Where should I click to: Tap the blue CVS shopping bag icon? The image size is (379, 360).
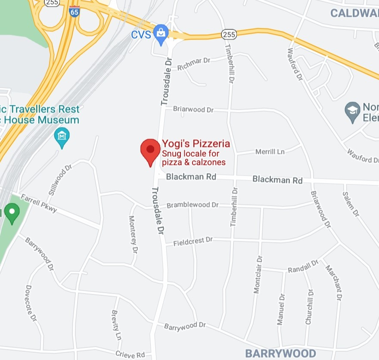pyautogui.click(x=161, y=33)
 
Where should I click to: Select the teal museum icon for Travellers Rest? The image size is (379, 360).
pyautogui.click(x=62, y=137)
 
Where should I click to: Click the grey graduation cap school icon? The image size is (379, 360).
pyautogui.click(x=352, y=111)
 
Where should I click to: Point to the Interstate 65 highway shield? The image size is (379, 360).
pyautogui.click(x=74, y=12)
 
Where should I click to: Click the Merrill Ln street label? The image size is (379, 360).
pyautogui.click(x=270, y=152)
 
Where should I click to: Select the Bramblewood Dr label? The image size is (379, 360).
pyautogui.click(x=193, y=205)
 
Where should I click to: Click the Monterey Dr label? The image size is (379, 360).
pyautogui.click(x=134, y=234)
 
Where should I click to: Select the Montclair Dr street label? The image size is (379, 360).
pyautogui.click(x=258, y=275)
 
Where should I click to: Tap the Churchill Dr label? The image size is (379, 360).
pyautogui.click(x=309, y=307)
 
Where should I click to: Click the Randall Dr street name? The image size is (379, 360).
pyautogui.click(x=303, y=266)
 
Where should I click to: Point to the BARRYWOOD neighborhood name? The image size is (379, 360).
pyautogui.click(x=280, y=354)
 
